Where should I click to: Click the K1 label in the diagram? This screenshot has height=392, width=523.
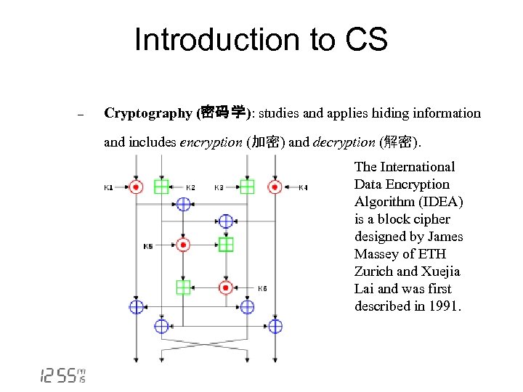pos(108,188)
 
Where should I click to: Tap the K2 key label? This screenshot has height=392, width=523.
pos(190,188)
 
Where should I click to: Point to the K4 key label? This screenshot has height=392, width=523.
pos(303,188)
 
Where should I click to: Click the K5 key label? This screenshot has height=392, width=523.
pos(148,246)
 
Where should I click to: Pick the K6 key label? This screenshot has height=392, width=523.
pos(262,288)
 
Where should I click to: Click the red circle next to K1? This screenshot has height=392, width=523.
pos(135,187)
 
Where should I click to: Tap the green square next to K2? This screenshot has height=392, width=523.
pos(161,187)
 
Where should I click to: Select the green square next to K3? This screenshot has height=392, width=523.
pos(247,187)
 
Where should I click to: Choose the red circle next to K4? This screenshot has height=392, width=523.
pos(275,187)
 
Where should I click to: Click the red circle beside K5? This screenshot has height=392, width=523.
pos(183,245)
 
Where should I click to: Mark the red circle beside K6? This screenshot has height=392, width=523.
pos(226,287)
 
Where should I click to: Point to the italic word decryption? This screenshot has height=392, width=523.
pos(344,142)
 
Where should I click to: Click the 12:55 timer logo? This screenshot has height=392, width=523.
pos(62,375)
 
